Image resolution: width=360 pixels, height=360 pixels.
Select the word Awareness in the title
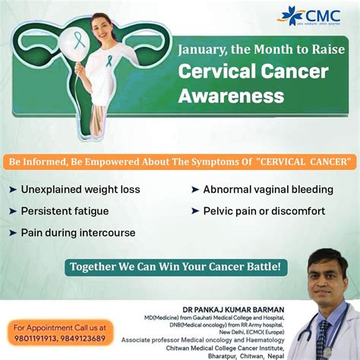231,96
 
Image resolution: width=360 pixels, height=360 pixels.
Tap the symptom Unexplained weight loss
81,189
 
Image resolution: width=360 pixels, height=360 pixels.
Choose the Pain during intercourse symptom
78,232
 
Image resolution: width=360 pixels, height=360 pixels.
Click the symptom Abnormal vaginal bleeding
268,189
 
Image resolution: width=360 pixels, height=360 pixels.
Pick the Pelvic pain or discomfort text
264,210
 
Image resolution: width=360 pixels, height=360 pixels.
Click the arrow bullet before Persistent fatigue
13,210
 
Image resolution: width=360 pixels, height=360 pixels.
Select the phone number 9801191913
35,340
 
